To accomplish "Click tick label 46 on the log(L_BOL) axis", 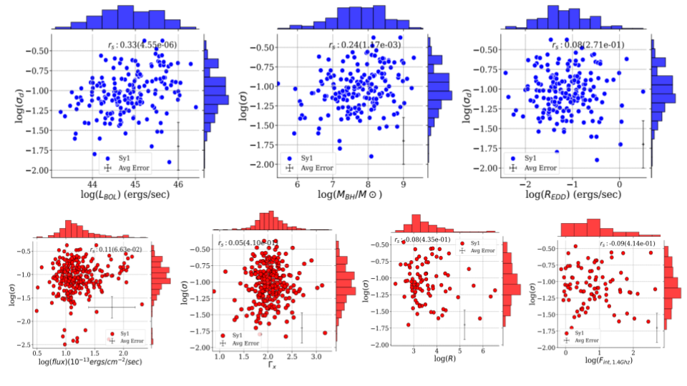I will [177, 183].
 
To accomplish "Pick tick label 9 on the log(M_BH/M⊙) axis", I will [402, 183].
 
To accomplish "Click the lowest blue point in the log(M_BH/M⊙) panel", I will [371, 156].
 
